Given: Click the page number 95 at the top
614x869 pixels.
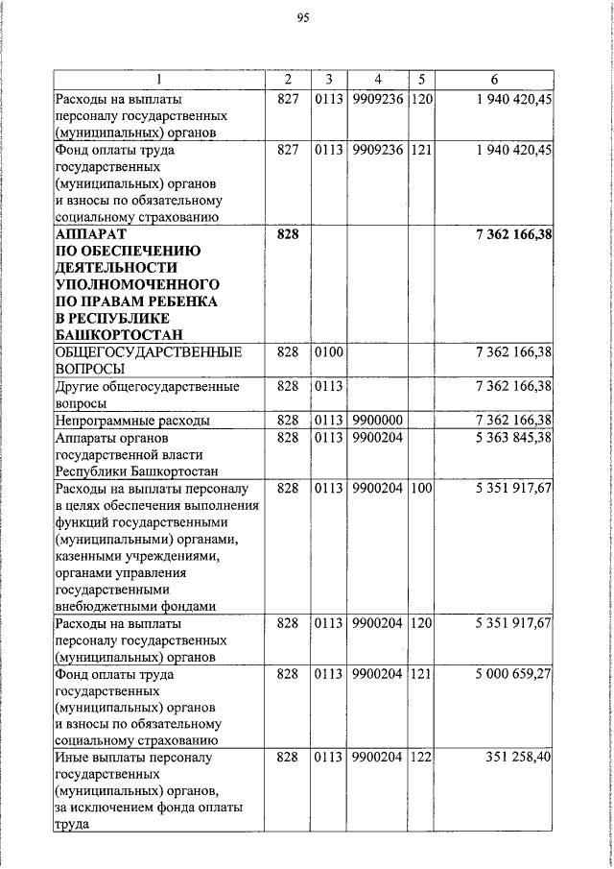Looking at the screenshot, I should click(306, 17).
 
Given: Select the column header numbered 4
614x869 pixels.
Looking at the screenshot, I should click(377, 79).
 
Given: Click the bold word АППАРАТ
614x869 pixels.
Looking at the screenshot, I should click(91, 233).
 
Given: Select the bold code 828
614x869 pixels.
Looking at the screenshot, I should click(288, 233).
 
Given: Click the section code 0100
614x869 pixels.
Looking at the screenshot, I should click(328, 354).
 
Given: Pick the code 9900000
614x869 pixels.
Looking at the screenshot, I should click(376, 421).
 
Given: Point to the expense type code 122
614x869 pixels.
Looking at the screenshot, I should click(420, 758).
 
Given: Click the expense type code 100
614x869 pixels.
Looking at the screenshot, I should click(420, 489).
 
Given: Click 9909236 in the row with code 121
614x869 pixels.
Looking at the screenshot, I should click(376, 150).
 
